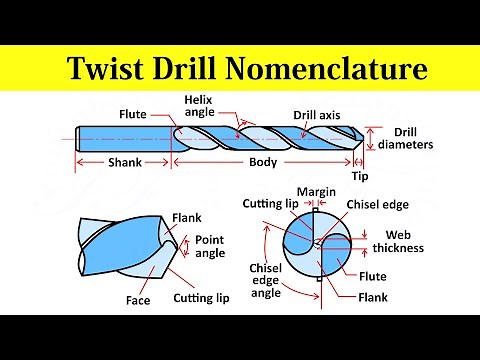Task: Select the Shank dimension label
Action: coord(125,162)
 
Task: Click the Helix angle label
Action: coord(199,106)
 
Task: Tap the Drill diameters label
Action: coord(412,138)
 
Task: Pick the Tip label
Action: coord(360,175)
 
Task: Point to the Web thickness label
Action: coord(398,241)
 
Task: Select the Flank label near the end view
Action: coord(374,296)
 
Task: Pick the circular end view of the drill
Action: coord(317,246)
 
